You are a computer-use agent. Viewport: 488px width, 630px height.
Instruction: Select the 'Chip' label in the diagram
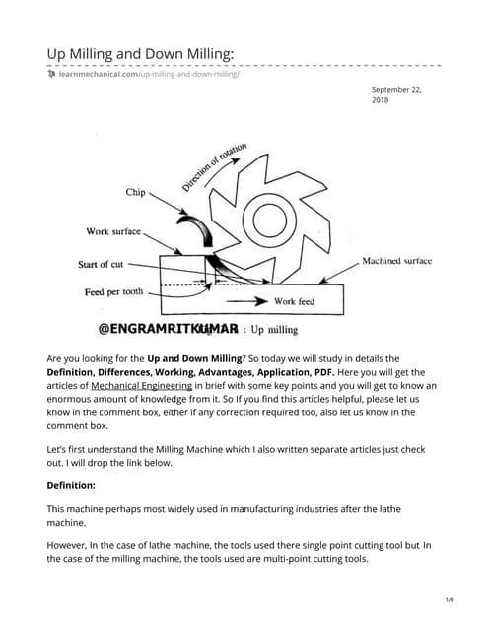click(135, 193)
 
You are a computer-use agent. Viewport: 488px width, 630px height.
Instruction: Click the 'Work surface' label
click(113, 232)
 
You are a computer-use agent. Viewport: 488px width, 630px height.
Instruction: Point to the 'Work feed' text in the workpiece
click(294, 301)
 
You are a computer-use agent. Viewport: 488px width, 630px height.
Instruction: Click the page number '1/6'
click(449, 599)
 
